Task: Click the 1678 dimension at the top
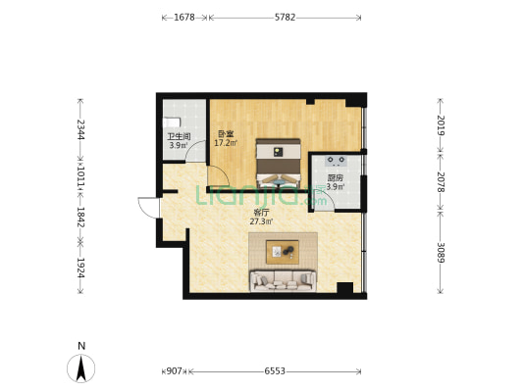184,18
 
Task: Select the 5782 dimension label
285,18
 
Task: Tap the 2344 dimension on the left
80,129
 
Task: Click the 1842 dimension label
80,218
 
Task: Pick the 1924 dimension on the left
80,268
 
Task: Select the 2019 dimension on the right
441,124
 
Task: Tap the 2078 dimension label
441,182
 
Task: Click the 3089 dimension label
441,252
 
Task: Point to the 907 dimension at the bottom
174,370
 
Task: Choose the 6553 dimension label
275,370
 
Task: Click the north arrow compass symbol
81,368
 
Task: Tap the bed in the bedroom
278,164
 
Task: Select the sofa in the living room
283,280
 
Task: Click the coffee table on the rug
283,252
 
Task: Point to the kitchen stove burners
336,161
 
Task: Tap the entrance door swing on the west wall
148,208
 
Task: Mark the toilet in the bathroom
172,122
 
